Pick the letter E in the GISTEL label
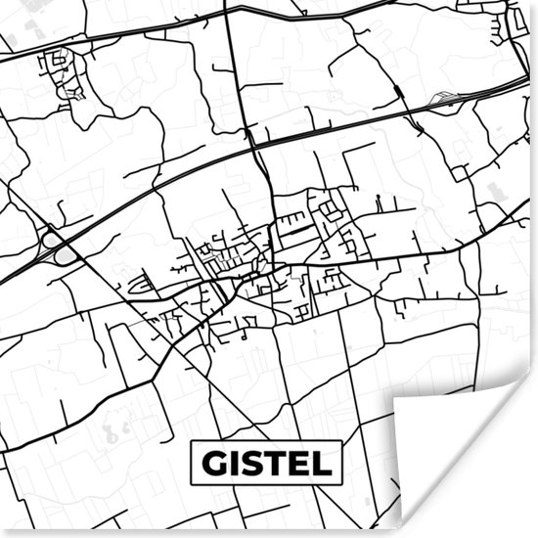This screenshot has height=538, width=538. point(299,463)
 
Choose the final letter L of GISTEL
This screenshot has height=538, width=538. point(321,463)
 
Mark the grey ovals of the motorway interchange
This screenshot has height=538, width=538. point(59,249)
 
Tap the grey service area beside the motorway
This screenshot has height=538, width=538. point(445,98)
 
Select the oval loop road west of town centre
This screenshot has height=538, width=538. point(142,285)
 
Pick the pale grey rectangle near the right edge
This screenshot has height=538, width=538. point(495,191)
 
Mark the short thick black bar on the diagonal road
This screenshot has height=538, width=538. point(399,93)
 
